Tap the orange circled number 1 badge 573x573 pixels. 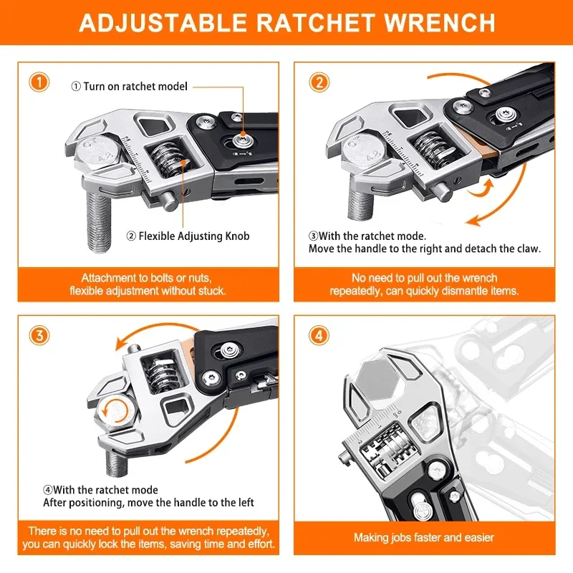pos(40,82)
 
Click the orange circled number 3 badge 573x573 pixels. pos(40,334)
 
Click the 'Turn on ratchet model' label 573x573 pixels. pos(129,87)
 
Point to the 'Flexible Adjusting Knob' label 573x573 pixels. pos(188,236)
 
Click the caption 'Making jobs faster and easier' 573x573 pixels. pos(424,537)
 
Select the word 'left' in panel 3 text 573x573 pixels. pos(244,503)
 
